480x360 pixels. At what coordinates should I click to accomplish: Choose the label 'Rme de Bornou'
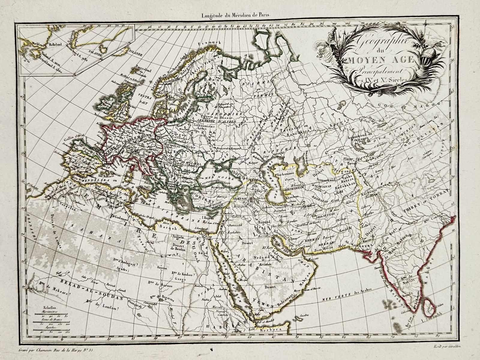(x=158, y=282)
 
